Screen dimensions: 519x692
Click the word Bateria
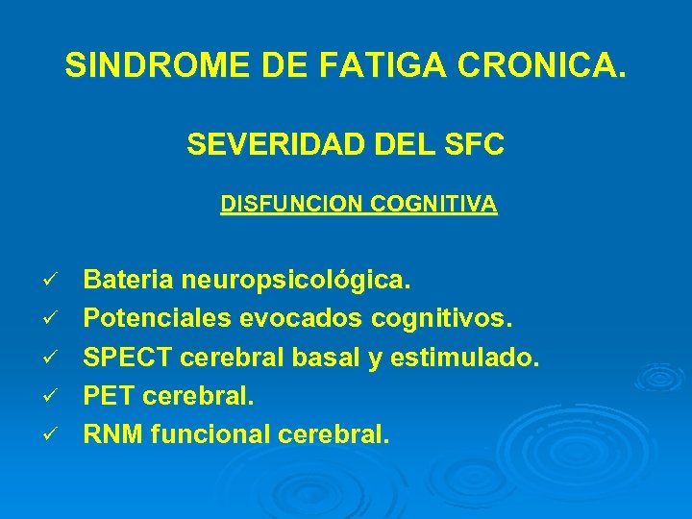[x=127, y=281]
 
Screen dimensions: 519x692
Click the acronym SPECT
[x=124, y=357]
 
